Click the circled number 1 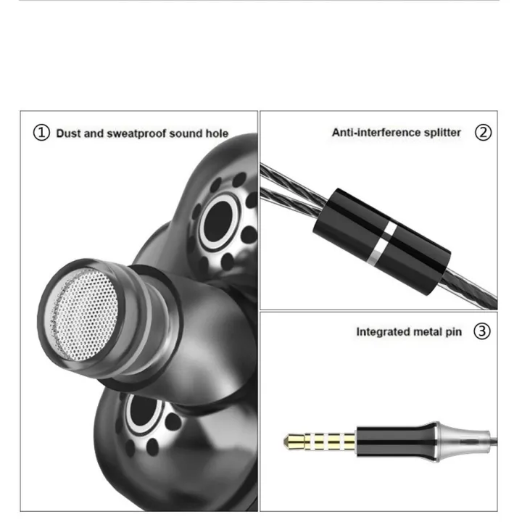[42, 133]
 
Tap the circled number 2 [483, 133]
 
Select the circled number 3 [481, 332]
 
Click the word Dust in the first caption [68, 133]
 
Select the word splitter [440, 133]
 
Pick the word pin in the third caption [453, 333]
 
